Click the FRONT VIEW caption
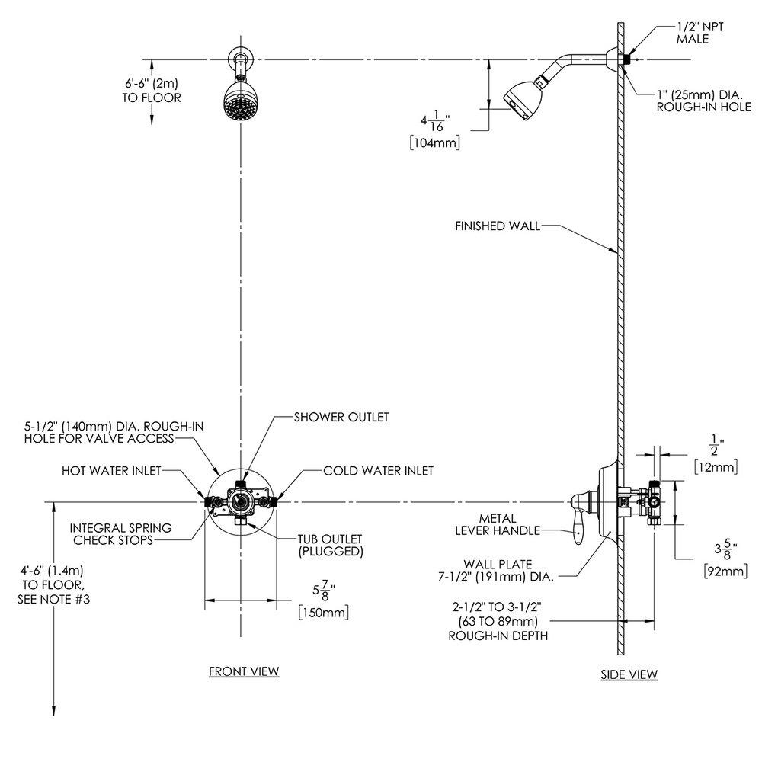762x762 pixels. [x=244, y=671]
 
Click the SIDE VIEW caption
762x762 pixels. [x=629, y=674]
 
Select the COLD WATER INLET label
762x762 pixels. [x=378, y=471]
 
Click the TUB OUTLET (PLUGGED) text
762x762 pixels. [x=330, y=544]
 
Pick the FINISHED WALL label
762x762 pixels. [x=497, y=226]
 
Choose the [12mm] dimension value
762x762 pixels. [x=716, y=466]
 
